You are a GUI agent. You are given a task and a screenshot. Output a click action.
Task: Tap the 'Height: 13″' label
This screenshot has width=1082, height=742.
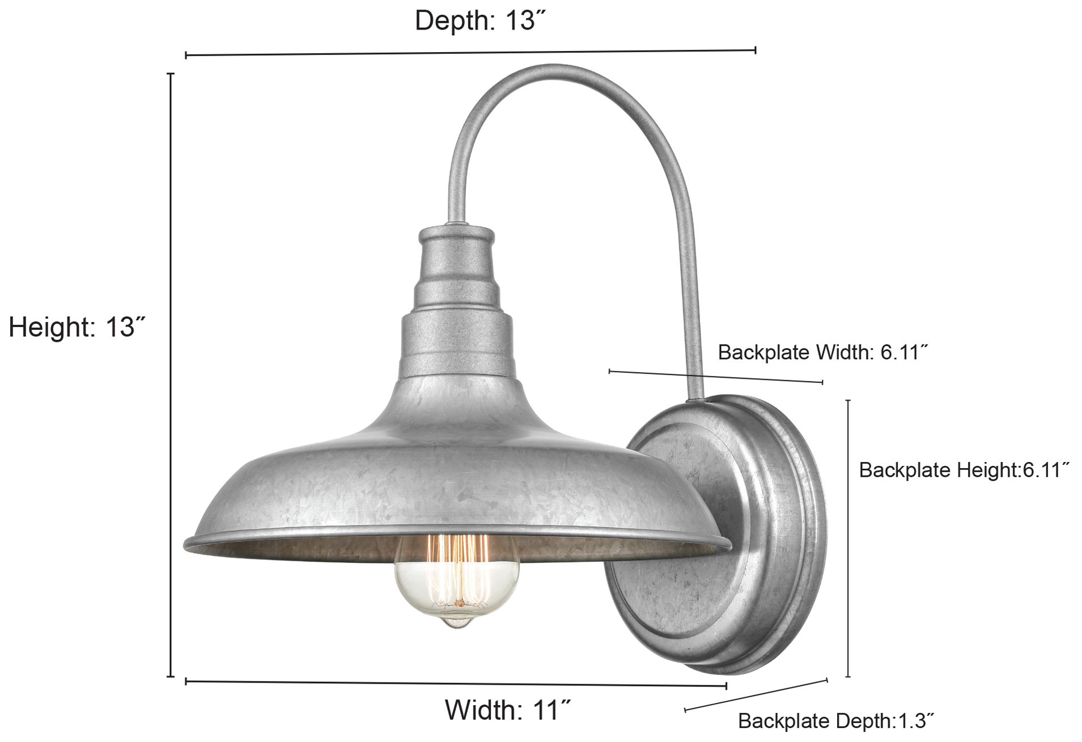click(77, 327)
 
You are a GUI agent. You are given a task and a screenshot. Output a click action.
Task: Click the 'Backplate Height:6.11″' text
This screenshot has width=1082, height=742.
click(964, 470)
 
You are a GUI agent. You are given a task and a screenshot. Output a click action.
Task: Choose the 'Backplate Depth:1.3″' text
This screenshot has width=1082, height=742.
click(835, 721)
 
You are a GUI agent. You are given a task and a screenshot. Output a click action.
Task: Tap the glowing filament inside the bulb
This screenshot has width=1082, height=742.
click(457, 573)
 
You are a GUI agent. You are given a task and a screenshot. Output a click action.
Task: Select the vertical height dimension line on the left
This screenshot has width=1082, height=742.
click(171, 374)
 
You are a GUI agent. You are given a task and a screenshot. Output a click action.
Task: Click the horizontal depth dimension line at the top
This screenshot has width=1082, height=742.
click(470, 53)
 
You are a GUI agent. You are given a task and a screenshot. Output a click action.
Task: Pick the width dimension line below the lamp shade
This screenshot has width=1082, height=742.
click(456, 683)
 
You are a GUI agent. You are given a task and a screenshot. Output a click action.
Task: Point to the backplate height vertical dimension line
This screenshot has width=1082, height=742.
click(848, 539)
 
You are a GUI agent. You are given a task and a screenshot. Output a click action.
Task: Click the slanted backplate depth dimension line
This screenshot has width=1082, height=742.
click(757, 694)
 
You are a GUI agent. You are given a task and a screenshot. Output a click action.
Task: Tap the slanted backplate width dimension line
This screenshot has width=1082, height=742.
click(715, 377)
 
